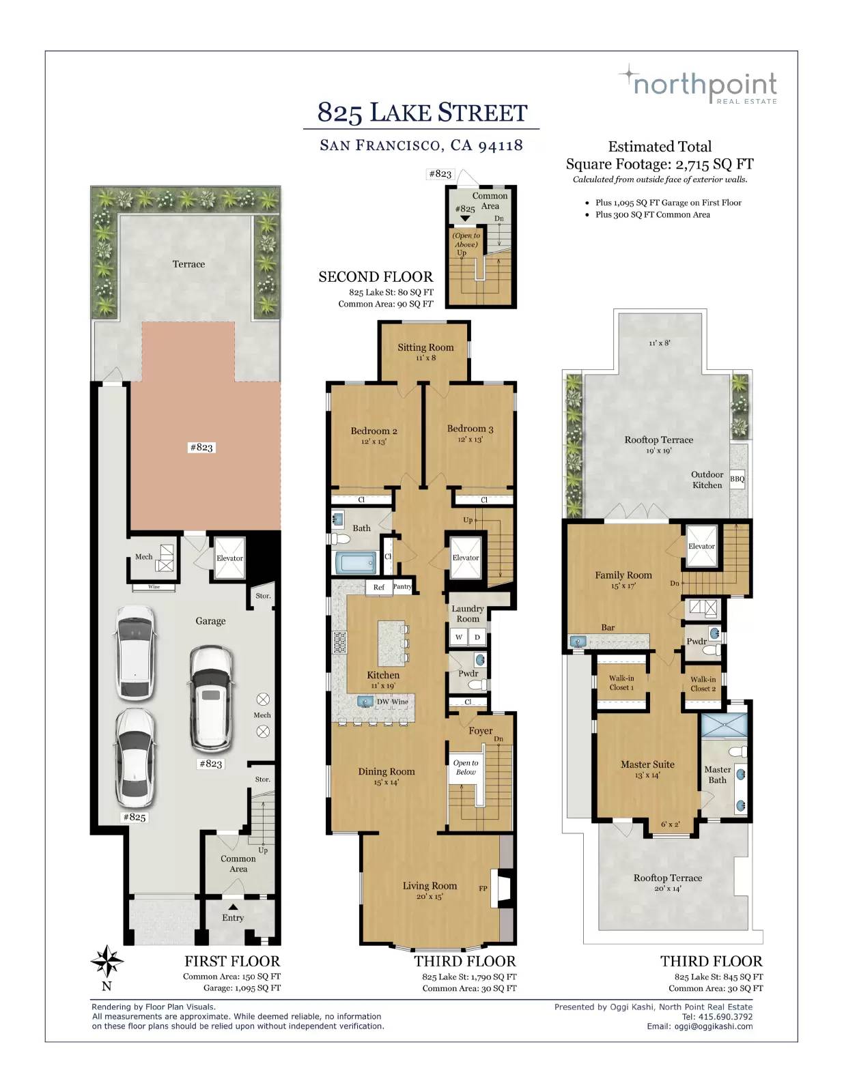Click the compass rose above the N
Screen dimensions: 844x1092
107,961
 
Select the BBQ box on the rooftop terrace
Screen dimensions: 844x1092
737,479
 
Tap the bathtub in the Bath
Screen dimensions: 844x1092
356,563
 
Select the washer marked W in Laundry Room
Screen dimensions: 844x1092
459,637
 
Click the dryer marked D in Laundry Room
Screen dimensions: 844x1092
477,637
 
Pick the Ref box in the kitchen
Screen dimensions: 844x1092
379,587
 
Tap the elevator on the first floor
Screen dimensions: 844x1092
229,558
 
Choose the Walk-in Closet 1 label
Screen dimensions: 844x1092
621,683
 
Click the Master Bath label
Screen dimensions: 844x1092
717,775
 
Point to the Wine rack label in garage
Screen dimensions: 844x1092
154,587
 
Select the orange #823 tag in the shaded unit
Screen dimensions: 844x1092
201,447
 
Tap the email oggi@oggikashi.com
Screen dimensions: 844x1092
713,1026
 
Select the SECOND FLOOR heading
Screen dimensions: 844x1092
376,277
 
